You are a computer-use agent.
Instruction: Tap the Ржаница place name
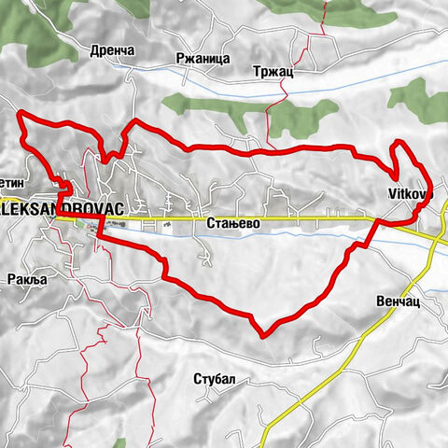point(203,58)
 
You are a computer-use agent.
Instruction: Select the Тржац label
point(273,71)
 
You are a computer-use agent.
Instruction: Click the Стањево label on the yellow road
point(226,224)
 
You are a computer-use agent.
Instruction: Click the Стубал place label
point(215,379)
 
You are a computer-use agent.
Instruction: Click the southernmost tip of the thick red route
point(266,335)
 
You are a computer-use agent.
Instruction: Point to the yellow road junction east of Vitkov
point(435,240)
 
